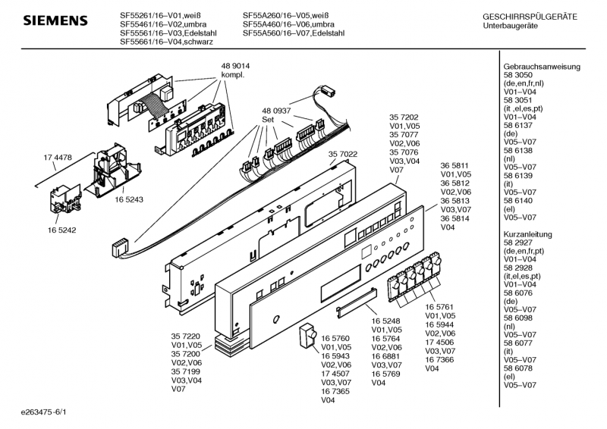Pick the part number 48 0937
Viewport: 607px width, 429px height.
pos(278,110)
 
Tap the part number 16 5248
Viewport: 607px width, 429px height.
pos(386,321)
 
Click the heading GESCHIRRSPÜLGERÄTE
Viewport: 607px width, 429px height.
pos(530,16)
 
